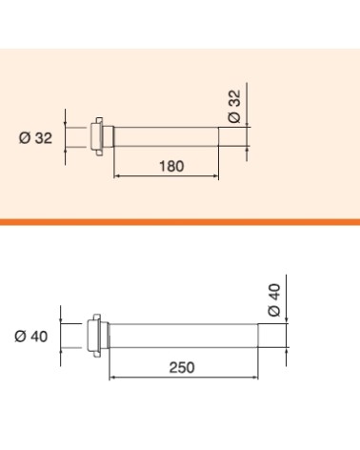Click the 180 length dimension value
(x=171, y=166)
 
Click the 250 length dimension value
(x=182, y=367)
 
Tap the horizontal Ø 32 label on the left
(x=35, y=138)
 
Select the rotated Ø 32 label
(x=234, y=106)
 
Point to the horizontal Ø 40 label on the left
(x=31, y=337)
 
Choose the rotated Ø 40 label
(x=274, y=300)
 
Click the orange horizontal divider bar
(x=180, y=222)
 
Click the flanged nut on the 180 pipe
(x=98, y=136)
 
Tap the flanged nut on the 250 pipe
(x=94, y=336)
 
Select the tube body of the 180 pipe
(x=166, y=137)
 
